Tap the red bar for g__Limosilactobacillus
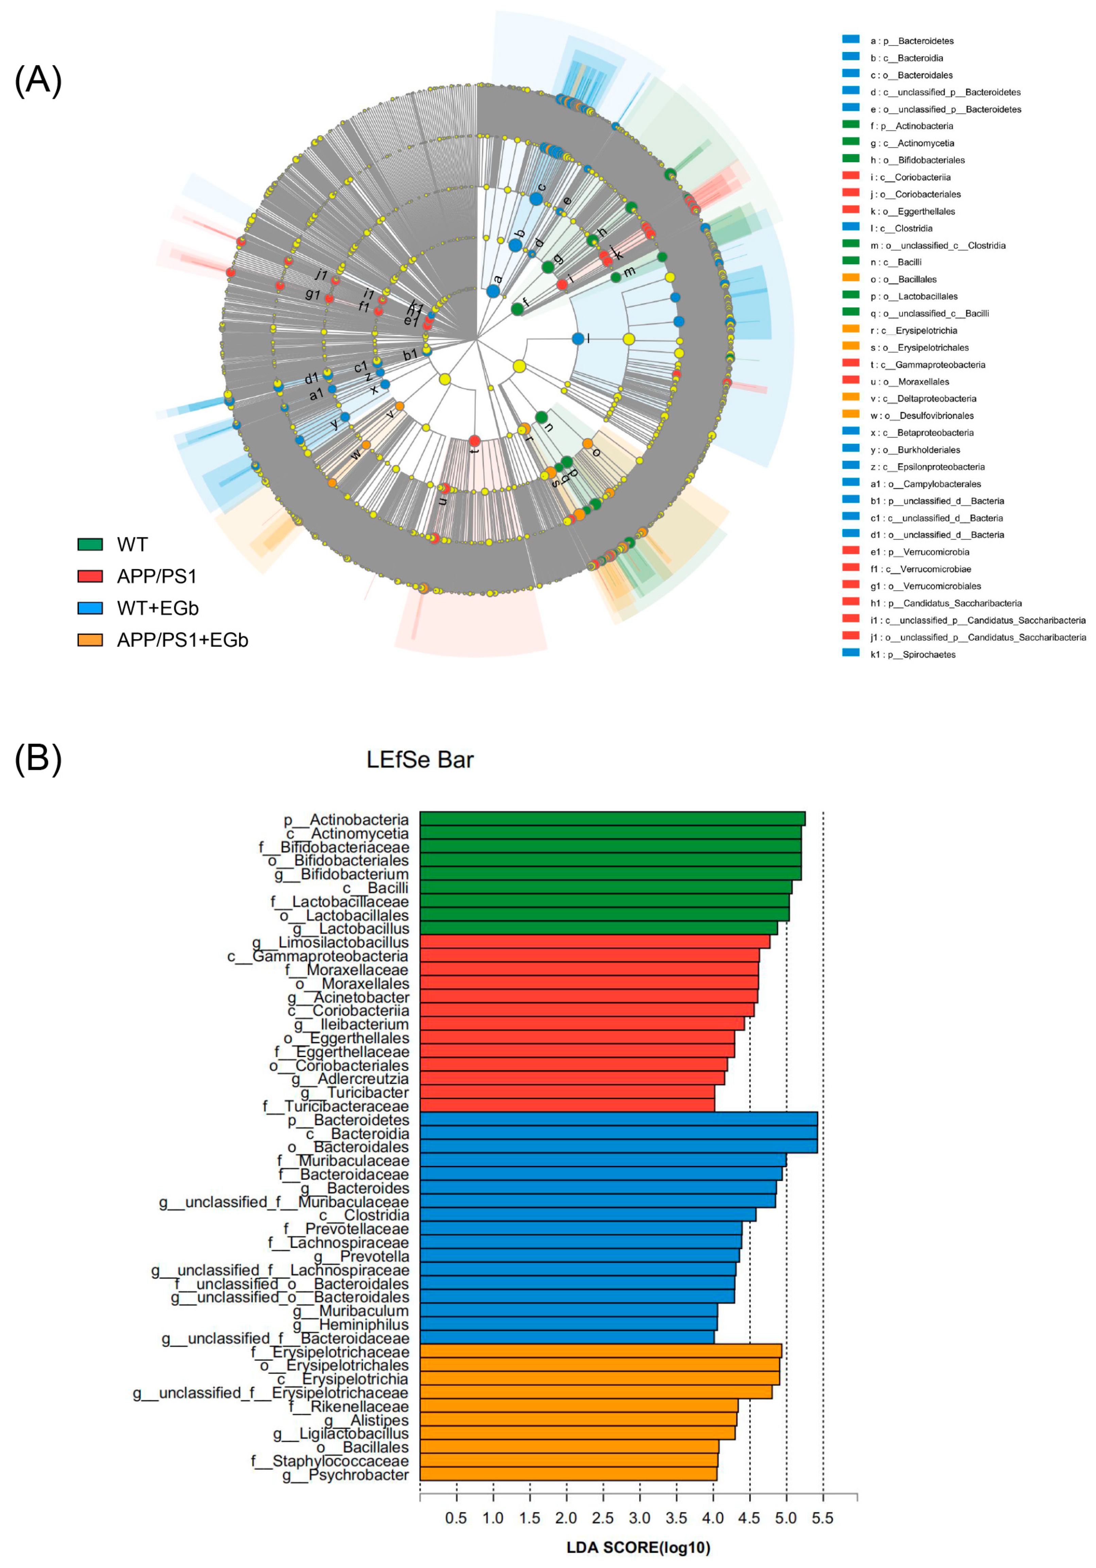[594, 942]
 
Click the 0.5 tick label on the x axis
[456, 1517]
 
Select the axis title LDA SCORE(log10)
[638, 1547]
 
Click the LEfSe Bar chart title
[419, 760]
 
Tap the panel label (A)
[38, 80]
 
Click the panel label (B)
[38, 758]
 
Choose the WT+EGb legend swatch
[90, 608]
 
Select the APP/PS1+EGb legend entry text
[182, 640]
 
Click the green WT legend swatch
[90, 544]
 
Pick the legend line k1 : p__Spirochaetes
[912, 654]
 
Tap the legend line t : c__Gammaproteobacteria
[927, 365]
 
